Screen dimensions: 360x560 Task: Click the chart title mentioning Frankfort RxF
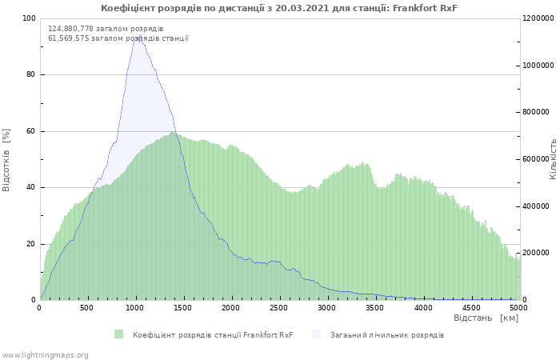[279, 8]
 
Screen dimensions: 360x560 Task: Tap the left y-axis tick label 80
[30, 75]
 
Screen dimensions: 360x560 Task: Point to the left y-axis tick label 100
[29, 18]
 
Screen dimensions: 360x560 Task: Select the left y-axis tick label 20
[30, 244]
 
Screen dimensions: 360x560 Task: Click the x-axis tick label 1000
[135, 308]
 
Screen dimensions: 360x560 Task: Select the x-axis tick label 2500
[279, 308]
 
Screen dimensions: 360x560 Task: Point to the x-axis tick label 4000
[422, 308]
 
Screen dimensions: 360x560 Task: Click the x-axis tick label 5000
[518, 308]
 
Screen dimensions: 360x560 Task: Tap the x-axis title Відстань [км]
[486, 318]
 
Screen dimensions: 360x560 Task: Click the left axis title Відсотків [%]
[7, 159]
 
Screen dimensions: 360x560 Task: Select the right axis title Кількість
[553, 158]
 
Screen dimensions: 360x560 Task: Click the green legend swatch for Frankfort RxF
[119, 334]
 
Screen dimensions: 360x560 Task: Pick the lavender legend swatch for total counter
[316, 334]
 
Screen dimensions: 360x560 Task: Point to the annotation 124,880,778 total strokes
[106, 29]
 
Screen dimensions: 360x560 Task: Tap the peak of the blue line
[135, 36]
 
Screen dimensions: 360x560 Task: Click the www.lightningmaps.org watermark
[46, 354]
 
